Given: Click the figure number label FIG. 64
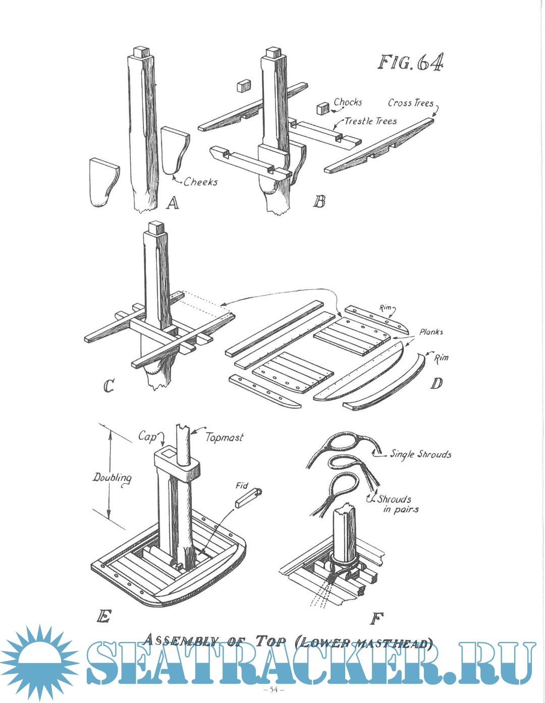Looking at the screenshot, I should click(x=411, y=62).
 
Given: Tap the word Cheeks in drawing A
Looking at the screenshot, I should click(x=200, y=181).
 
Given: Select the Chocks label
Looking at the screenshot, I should click(x=348, y=102).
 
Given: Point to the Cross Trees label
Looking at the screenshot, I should click(x=410, y=103).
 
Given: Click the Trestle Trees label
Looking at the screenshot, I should click(x=370, y=121).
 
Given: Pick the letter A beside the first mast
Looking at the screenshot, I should click(x=173, y=203).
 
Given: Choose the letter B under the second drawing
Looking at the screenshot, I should click(x=319, y=202).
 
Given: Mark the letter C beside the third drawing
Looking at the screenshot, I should click(x=109, y=386).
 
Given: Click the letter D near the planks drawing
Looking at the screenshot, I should click(x=436, y=383).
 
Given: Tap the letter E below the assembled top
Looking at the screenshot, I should click(x=103, y=617).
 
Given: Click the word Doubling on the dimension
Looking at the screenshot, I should click(x=112, y=477).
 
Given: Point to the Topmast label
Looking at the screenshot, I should click(x=224, y=437).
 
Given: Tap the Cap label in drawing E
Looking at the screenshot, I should click(x=147, y=436).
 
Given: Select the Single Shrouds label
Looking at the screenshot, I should click(x=420, y=454).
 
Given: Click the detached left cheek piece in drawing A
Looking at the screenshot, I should click(x=104, y=183).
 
